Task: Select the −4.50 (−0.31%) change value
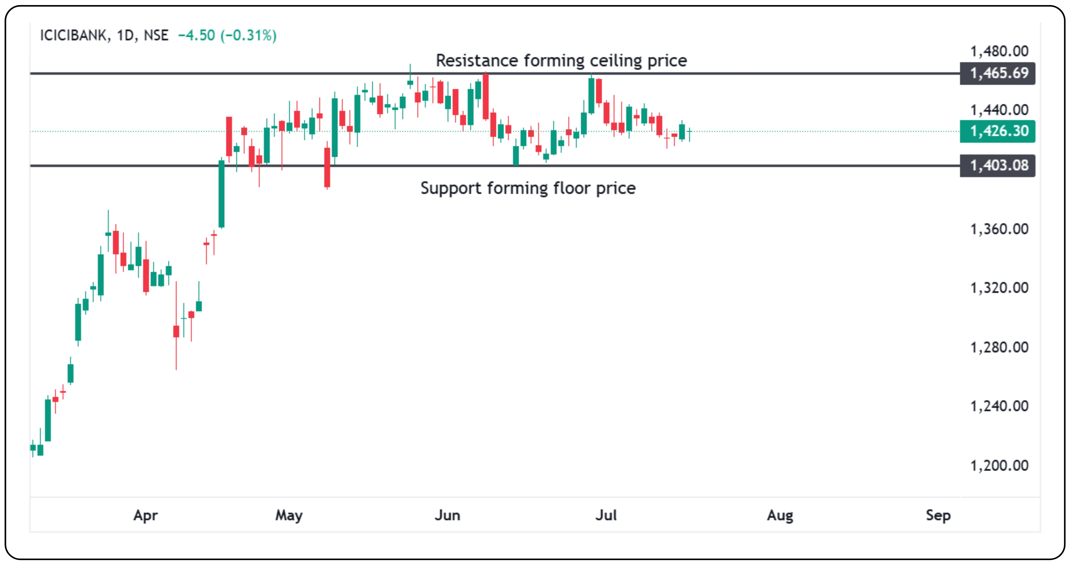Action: (x=227, y=35)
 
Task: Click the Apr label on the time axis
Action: (x=145, y=516)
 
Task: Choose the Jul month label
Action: (x=606, y=516)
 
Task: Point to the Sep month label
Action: (x=938, y=516)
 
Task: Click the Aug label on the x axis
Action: (x=780, y=516)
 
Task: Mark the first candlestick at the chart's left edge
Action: (x=33, y=448)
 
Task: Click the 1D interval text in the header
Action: (x=125, y=35)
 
